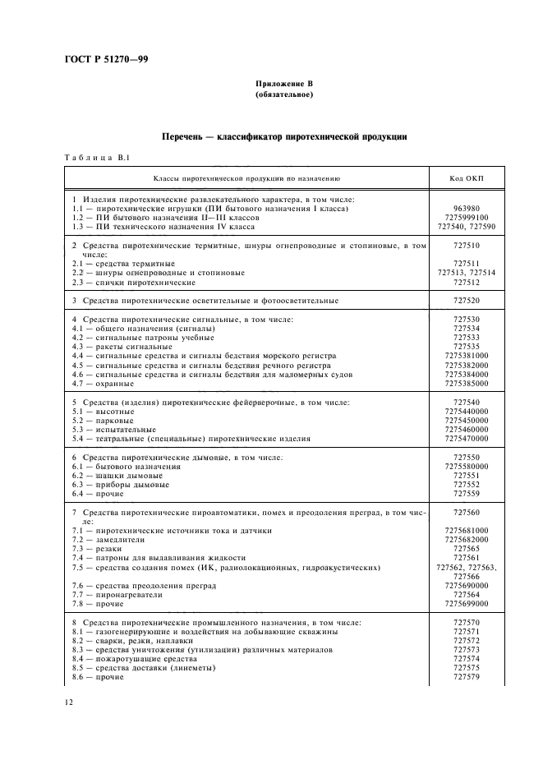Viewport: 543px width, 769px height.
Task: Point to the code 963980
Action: (466, 209)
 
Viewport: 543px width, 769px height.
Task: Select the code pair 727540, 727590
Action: (466, 226)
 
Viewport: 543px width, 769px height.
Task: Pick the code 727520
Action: (466, 301)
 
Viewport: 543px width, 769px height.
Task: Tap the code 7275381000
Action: (466, 356)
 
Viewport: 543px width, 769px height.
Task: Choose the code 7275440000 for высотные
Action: (466, 412)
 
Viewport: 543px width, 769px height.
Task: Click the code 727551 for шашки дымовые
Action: (466, 476)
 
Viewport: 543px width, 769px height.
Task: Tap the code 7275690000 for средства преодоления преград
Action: (466, 585)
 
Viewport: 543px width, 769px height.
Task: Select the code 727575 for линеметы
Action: (466, 668)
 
